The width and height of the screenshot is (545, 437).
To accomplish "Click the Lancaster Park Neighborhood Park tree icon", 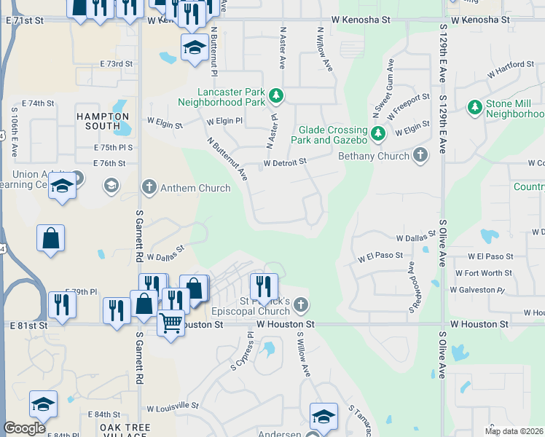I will coord(276,95).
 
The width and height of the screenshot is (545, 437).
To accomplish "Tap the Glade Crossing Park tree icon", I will coord(377,133).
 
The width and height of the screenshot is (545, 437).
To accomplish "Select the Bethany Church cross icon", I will coord(420,154).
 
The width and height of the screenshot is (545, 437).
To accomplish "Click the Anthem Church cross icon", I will coord(149,188).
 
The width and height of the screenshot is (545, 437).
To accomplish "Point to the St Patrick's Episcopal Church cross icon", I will coord(299,304).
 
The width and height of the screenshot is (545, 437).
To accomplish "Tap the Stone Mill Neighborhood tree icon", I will coord(474,108).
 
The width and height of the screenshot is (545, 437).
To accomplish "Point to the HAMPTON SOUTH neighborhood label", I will coord(98,121).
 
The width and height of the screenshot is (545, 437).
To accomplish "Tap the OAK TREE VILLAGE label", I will coord(125,430).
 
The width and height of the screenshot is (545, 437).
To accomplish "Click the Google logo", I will coord(25,428).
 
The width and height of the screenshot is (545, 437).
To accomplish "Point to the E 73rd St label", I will coord(117,64).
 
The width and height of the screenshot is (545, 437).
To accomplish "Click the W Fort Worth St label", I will coord(485,273).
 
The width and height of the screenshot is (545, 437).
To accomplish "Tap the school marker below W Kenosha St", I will coord(195,48).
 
